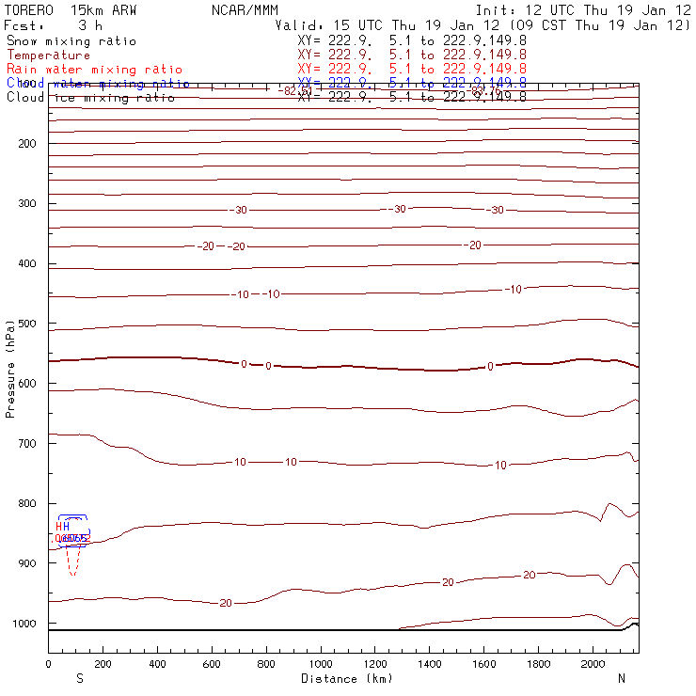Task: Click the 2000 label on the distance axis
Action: [594, 665]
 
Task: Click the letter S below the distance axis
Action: [79, 678]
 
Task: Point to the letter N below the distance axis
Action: [621, 678]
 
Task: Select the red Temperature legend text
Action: [47, 55]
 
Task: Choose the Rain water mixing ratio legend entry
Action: [94, 70]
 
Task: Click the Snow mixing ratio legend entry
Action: [71, 41]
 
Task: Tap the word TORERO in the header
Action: [30, 9]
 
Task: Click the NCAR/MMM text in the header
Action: [239, 9]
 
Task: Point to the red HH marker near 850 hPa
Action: [62, 527]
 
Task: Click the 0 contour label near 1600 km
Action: [489, 366]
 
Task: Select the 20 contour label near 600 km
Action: [226, 603]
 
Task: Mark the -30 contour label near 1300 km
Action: [399, 209]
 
